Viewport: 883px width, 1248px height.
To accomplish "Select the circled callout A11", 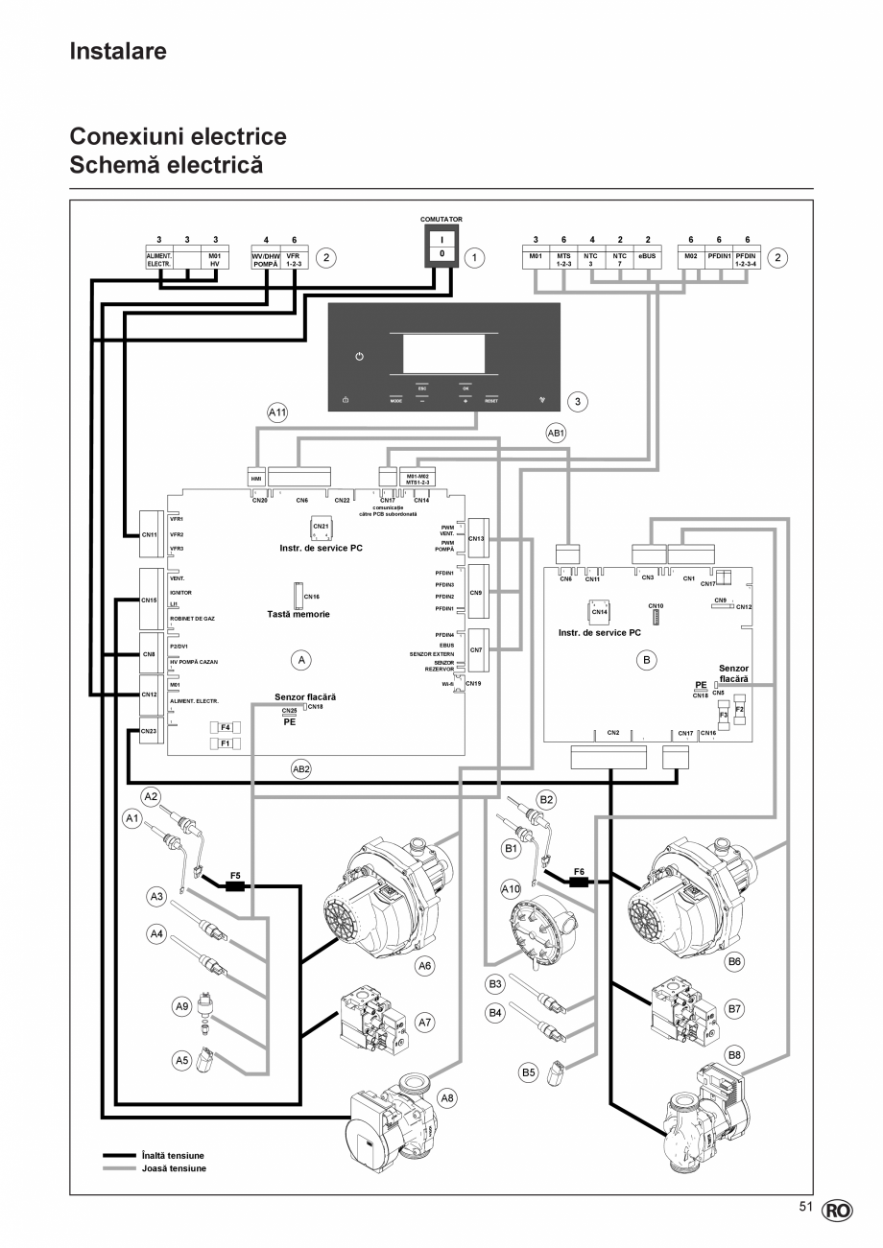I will click(278, 412).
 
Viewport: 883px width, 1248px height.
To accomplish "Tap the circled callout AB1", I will click(556, 433).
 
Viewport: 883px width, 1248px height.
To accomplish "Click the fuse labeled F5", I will click(235, 885).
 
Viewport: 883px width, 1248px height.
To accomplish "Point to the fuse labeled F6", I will click(579, 881).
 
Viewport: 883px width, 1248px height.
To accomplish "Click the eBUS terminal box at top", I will click(648, 260).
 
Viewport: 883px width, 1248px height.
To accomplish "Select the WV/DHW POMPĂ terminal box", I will click(265, 260).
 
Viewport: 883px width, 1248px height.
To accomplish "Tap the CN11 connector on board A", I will click(150, 533).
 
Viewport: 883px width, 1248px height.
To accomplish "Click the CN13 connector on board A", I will click(477, 538).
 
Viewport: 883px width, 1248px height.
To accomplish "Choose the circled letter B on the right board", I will click(646, 660).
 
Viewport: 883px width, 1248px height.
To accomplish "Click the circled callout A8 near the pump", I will click(447, 1096).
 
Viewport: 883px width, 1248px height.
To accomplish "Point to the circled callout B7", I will click(735, 1009).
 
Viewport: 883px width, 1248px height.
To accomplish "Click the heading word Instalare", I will click(118, 51).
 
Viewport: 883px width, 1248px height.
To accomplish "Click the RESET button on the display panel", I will click(491, 400).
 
